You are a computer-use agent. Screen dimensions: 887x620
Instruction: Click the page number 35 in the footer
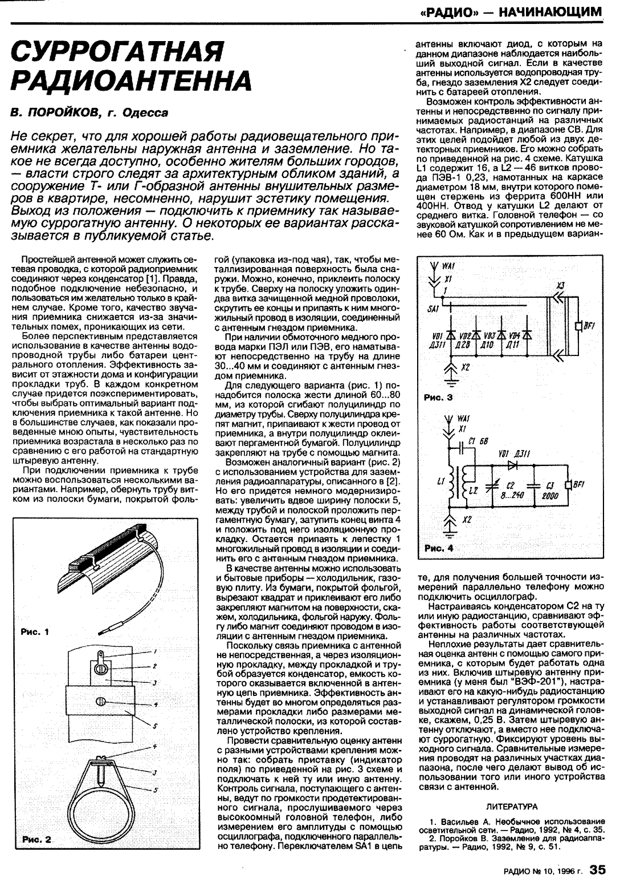(597, 870)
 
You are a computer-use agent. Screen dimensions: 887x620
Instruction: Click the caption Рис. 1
(36, 631)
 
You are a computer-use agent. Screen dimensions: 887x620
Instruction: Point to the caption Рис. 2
(37, 840)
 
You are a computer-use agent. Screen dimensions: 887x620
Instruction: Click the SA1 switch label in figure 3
(433, 308)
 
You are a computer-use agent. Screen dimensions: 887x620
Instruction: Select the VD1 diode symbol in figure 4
(512, 464)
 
